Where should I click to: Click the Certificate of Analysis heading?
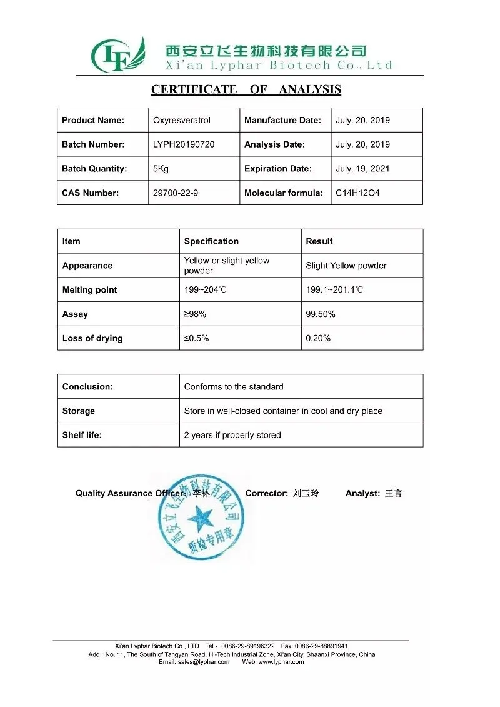click(246, 89)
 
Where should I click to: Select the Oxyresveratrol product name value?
click(182, 120)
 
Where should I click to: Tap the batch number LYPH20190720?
click(184, 144)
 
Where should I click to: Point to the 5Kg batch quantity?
click(161, 169)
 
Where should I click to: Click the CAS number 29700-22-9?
click(176, 193)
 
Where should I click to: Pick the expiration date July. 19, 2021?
click(362, 169)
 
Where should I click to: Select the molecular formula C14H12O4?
click(357, 193)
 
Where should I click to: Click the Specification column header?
click(211, 241)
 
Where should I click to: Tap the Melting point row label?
click(89, 290)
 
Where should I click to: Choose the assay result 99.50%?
click(321, 314)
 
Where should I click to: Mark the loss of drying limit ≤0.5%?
click(196, 339)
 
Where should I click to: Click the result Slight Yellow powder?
click(346, 266)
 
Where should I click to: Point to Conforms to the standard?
click(234, 387)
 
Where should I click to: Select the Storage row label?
click(79, 411)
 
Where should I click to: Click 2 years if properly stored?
click(232, 436)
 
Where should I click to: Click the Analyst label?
click(362, 494)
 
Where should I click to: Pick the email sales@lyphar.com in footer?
click(194, 662)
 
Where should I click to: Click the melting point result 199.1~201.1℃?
click(334, 290)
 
